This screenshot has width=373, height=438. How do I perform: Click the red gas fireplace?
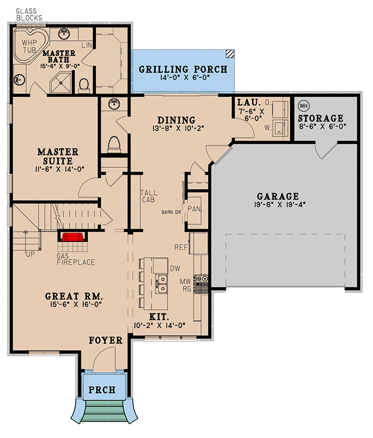click(x=72, y=237)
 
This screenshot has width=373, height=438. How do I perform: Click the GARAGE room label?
click(x=278, y=196)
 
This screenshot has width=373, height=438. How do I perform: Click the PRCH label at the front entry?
click(x=102, y=390)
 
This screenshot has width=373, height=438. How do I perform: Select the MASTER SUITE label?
click(x=57, y=156)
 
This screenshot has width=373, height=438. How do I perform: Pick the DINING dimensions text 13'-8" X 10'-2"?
click(x=176, y=130)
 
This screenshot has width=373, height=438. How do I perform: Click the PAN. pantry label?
click(x=194, y=209)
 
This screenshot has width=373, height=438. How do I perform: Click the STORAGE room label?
click(x=321, y=118)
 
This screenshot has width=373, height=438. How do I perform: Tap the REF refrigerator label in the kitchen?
click(x=181, y=247)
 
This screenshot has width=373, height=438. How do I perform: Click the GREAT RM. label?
click(x=73, y=295)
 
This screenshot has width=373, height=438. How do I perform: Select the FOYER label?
click(x=106, y=341)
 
